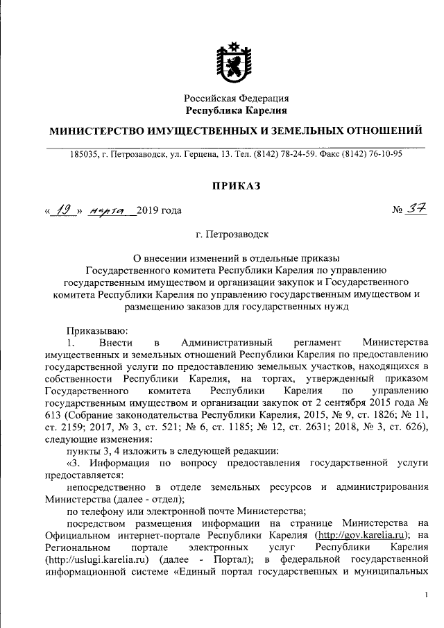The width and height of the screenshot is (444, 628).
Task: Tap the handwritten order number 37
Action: point(417,210)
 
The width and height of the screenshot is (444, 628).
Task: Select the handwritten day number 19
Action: point(65,210)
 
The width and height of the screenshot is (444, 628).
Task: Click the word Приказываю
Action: point(93,332)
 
